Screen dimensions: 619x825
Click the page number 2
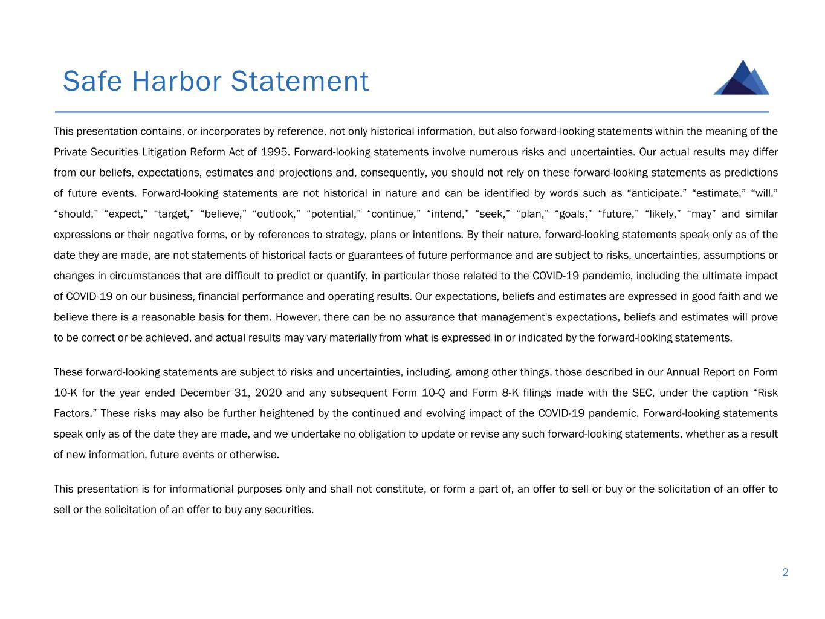coord(785,572)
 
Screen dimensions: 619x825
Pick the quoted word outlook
coord(276,214)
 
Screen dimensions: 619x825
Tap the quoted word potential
coord(334,214)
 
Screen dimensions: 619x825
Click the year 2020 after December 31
coord(268,393)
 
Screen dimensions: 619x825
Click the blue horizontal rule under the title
coord(412,112)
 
